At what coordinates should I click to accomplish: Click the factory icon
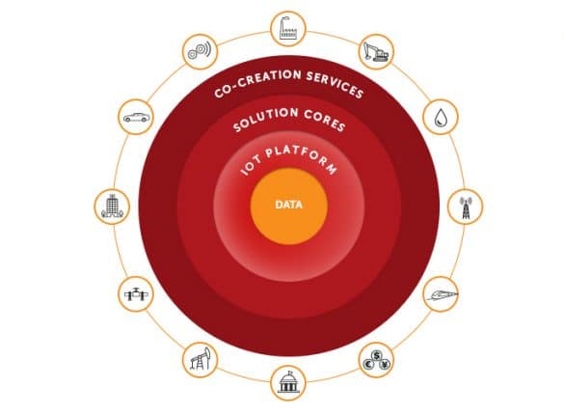287,28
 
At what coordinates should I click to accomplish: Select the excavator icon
376,52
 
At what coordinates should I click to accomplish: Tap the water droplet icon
441,118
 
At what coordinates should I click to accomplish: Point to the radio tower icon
466,208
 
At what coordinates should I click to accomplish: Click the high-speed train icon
441,295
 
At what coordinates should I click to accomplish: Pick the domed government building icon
288,382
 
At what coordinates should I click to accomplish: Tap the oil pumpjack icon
200,359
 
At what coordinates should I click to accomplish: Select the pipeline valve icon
136,294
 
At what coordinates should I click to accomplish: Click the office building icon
112,207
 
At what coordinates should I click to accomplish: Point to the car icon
136,118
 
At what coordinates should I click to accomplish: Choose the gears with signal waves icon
200,51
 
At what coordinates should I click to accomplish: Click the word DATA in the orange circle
288,205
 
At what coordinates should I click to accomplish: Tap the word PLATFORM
302,157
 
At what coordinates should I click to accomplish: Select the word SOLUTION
265,119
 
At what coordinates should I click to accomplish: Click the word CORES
325,120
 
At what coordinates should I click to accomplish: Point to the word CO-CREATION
256,82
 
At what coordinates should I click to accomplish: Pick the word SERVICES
335,84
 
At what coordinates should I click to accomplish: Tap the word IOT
251,166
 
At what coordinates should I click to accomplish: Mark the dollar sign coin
376,356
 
